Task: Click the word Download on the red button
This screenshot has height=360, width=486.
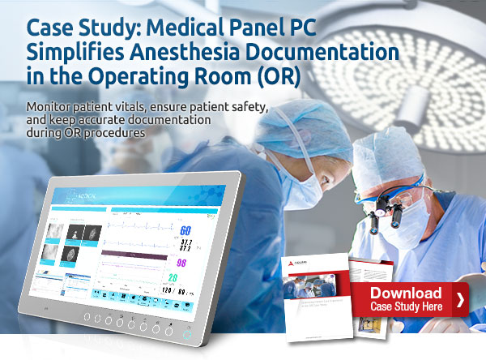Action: tap(406, 293)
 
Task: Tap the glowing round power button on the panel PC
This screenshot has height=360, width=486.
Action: tap(188, 332)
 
